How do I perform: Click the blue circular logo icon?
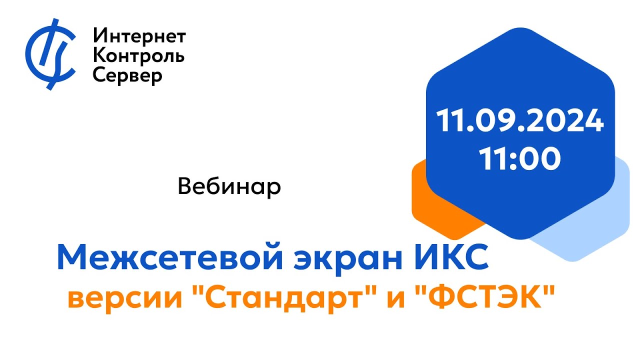[x=50, y=53]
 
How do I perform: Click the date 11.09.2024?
[x=520, y=121]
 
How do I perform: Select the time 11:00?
[x=520, y=159]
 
